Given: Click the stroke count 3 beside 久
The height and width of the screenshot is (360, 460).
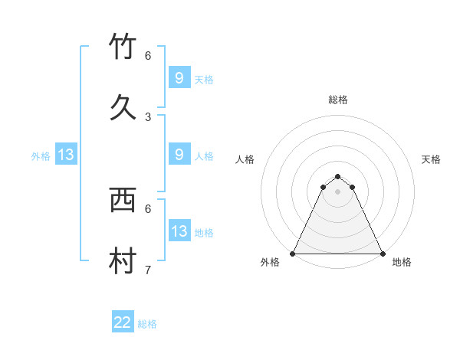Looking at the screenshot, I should (148, 116).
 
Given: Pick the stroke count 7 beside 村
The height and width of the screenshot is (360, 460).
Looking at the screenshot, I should (148, 270).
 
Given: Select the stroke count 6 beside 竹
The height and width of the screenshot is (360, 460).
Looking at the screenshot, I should (148, 55).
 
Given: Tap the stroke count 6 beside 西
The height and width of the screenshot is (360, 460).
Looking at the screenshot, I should (148, 208).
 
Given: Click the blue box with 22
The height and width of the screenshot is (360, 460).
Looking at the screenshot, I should (123, 322).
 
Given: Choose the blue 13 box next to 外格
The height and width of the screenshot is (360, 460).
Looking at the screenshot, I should (66, 155).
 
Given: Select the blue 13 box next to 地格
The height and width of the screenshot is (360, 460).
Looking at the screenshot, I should (179, 231).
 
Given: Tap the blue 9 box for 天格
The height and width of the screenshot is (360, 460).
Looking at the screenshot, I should (179, 78).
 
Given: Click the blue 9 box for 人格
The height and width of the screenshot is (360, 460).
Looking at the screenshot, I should (179, 155).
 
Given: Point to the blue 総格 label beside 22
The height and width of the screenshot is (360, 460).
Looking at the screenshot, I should (147, 324).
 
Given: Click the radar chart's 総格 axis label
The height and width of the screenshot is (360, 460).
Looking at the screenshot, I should (338, 100).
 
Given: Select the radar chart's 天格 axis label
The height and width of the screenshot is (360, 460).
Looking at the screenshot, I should (431, 159).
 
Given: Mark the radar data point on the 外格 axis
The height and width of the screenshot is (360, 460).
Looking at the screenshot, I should (293, 253).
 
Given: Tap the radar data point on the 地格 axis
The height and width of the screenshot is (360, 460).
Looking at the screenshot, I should (383, 253).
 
